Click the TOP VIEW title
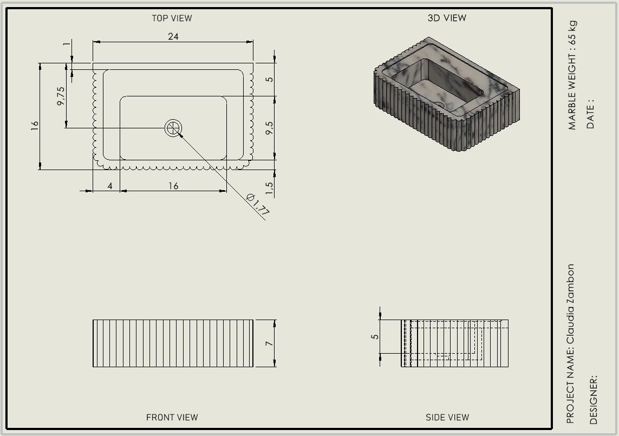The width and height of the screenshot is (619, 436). coord(172,18)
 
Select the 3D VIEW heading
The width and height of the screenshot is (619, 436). coord(447,18)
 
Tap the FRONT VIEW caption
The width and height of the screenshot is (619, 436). coord(172,418)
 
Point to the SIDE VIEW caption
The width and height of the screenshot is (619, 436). coord(447,418)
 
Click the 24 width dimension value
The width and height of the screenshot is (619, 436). coord(173,36)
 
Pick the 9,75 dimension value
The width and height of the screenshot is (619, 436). coord(61,96)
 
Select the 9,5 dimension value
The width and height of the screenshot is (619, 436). coord(269,128)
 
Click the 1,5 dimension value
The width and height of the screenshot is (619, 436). coord(269,188)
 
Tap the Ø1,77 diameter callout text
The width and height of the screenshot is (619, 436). coord(258,205)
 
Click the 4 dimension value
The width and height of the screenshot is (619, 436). coord(110,186)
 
